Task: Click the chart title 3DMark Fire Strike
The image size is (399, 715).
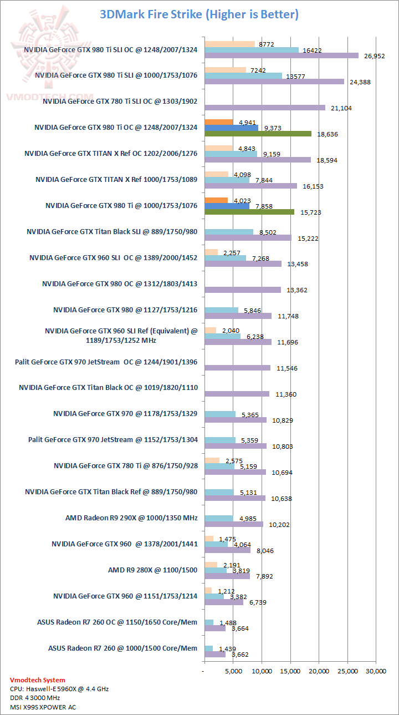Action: pos(199,14)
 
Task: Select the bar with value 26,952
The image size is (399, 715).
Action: pos(282,55)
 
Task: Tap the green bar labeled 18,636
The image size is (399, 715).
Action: pos(258,134)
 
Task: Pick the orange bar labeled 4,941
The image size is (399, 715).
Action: pos(219,122)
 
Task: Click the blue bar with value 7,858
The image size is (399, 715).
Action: pos(227,206)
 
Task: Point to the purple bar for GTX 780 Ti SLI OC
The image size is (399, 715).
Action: pos(265,108)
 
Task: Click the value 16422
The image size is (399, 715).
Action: pos(310,50)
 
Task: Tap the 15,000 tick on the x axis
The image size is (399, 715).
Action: pos(290,672)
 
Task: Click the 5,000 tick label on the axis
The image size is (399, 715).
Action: pos(233,672)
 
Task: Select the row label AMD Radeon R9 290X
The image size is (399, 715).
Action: pos(131,518)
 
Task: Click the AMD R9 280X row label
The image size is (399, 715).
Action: pos(152,570)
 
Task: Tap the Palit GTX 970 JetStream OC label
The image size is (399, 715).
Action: pos(106,362)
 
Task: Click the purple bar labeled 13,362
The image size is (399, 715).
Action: pos(243,290)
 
